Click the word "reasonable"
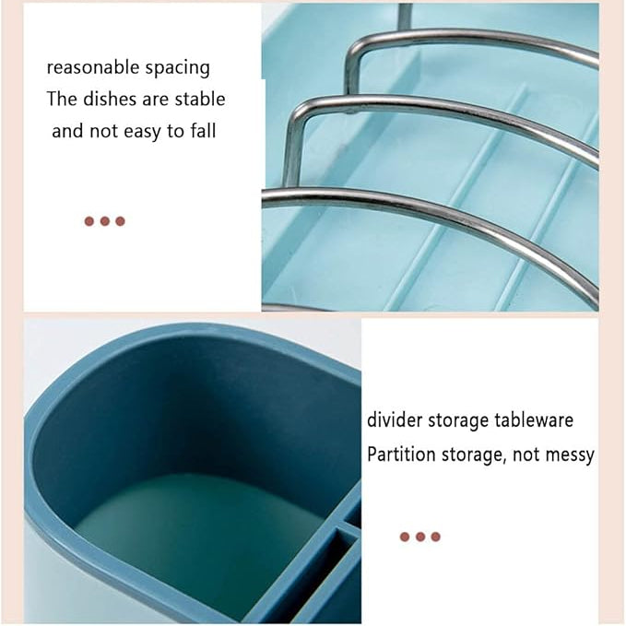[92, 66]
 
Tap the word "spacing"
[178, 68]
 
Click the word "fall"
[203, 131]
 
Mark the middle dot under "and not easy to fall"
[104, 221]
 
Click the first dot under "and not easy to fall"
[89, 221]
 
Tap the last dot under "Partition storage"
[435, 537]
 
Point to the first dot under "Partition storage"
[405, 537]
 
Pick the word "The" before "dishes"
[62, 99]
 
